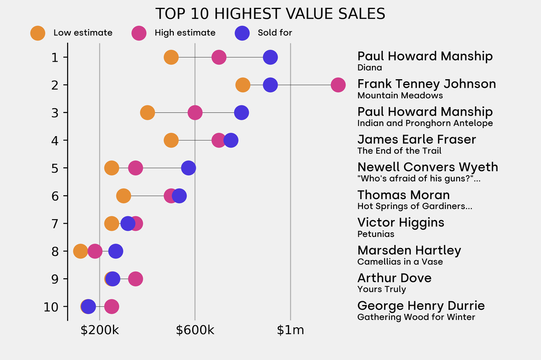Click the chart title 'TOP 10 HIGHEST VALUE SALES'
pyautogui.click(x=270, y=13)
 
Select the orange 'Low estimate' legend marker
pyautogui.click(x=38, y=33)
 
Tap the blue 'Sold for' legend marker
pyautogui.click(x=241, y=33)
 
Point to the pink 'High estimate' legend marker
pyautogui.click(x=139, y=33)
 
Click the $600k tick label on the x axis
pyautogui.click(x=195, y=331)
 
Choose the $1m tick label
pyautogui.click(x=290, y=331)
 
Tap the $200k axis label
pyautogui.click(x=99, y=331)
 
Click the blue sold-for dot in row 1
pyautogui.click(x=270, y=57)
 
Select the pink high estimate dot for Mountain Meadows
pyautogui.click(x=338, y=84)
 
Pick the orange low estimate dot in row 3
pyautogui.click(x=147, y=112)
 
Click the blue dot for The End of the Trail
pyautogui.click(x=230, y=140)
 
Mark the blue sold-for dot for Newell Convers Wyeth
pyautogui.click(x=188, y=168)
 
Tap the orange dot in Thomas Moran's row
pyautogui.click(x=123, y=196)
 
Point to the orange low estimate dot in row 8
pyautogui.click(x=80, y=251)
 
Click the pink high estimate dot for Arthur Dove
pyautogui.click(x=135, y=279)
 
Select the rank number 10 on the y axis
pyautogui.click(x=51, y=307)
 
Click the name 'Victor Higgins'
pyautogui.click(x=400, y=222)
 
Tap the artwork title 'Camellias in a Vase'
pyautogui.click(x=400, y=262)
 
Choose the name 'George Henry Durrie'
pyautogui.click(x=421, y=306)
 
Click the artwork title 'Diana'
pyautogui.click(x=369, y=68)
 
